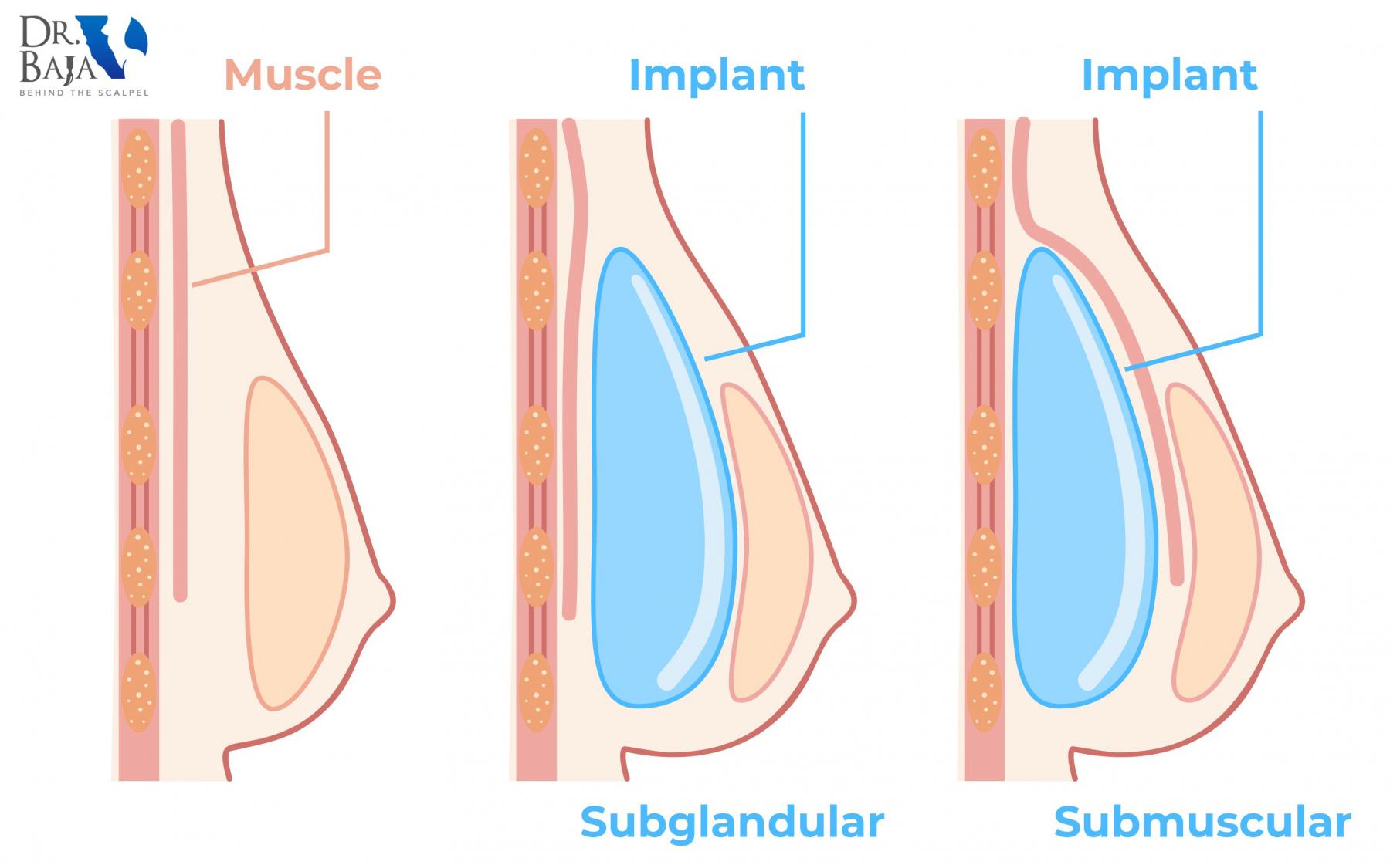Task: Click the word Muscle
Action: click(x=303, y=75)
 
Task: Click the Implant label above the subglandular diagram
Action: click(x=717, y=75)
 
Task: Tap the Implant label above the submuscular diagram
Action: click(x=1169, y=75)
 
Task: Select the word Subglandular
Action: click(x=731, y=823)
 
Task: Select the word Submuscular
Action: click(x=1202, y=823)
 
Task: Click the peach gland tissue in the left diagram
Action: click(x=293, y=540)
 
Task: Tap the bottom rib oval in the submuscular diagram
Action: click(x=984, y=692)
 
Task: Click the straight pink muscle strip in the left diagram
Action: click(x=179, y=363)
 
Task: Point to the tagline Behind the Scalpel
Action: click(x=83, y=93)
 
